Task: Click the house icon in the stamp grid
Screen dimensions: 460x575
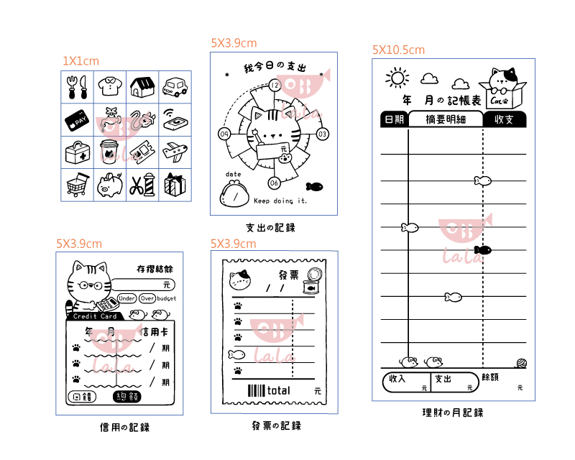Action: pyautogui.click(x=142, y=87)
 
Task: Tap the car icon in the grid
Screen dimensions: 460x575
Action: pyautogui.click(x=174, y=87)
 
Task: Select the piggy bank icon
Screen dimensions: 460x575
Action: pyautogui.click(x=109, y=185)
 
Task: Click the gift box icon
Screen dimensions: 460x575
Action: pyautogui.click(x=174, y=185)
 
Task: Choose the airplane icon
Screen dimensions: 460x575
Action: pyautogui.click(x=175, y=152)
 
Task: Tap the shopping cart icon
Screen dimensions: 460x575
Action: pyautogui.click(x=77, y=185)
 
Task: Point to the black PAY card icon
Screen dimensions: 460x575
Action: pyautogui.click(x=77, y=120)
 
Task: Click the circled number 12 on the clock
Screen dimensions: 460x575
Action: pyautogui.click(x=274, y=86)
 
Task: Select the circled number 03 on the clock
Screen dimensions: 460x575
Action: pyautogui.click(x=322, y=134)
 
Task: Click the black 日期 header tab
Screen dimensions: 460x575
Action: pyautogui.click(x=394, y=119)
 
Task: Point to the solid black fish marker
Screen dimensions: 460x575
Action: pyautogui.click(x=482, y=250)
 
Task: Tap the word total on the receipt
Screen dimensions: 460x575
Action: pyautogui.click(x=278, y=391)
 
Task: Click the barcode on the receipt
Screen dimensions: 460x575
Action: pyautogui.click(x=257, y=391)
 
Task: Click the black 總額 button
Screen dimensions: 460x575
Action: pyautogui.click(x=126, y=397)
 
